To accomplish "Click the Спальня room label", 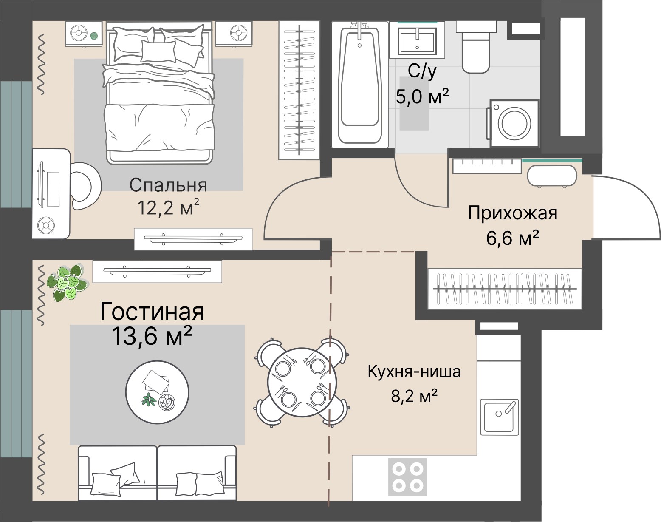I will tap(168, 185).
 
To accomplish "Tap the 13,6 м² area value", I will tap(152, 336).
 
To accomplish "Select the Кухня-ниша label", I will tap(414, 372).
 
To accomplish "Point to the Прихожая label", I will tap(512, 213).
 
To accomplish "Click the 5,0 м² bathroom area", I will tap(422, 96).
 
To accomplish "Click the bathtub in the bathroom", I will tap(359, 83).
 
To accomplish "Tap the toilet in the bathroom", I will tap(476, 49).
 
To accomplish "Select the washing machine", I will tap(514, 124).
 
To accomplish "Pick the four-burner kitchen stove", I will tap(407, 477).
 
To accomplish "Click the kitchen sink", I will tap(499, 417).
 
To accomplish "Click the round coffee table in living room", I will tap(157, 392).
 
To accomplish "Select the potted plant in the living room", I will tap(66, 281).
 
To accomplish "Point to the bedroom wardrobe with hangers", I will tap(299, 90).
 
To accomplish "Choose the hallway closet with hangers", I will tap(504, 289).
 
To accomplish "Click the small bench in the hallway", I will tap(552, 175).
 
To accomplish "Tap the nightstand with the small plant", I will tap(84, 34).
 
